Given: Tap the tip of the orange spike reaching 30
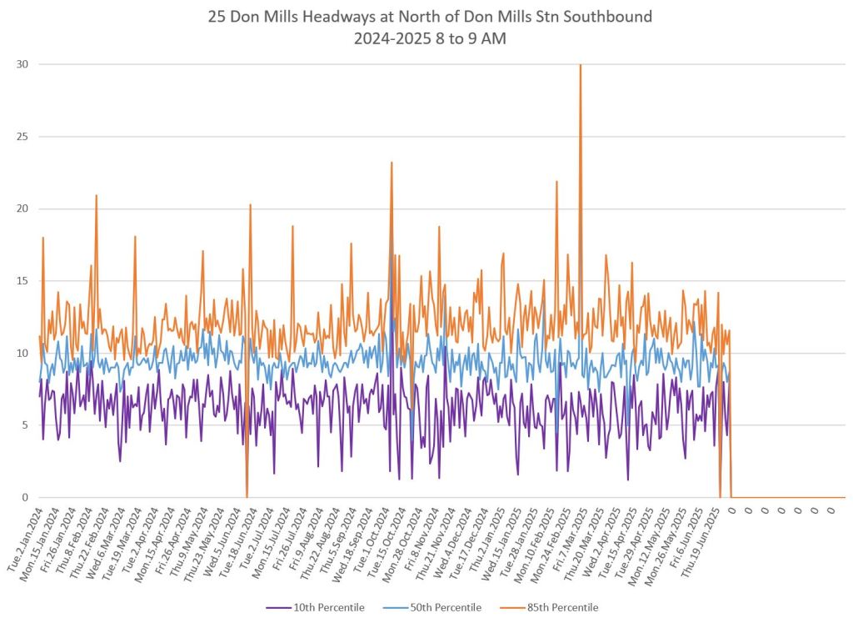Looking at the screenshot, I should pyautogui.click(x=581, y=65).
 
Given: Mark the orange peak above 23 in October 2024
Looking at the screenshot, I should pyautogui.click(x=392, y=163).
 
